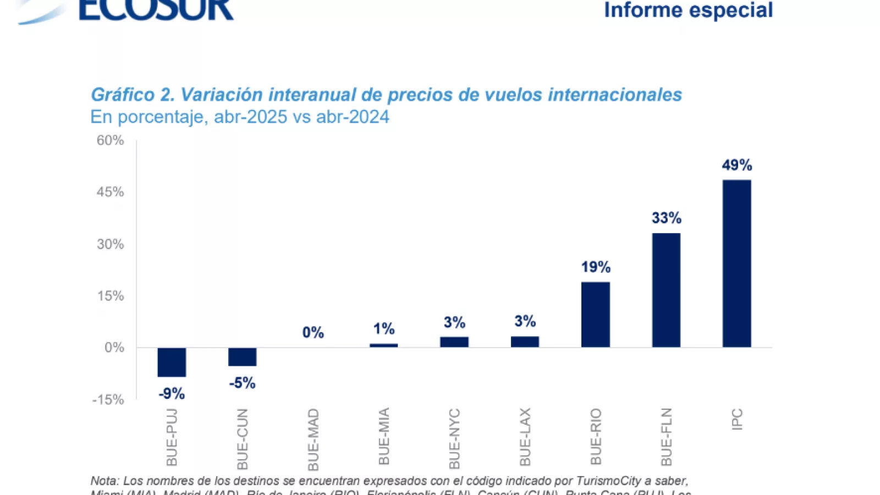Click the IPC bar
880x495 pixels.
[736, 263]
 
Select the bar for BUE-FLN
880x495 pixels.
[666, 290]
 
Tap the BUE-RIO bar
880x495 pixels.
[595, 315]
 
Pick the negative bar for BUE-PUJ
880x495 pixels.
[172, 362]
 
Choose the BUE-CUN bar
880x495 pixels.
[242, 356]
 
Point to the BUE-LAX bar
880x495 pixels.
[525, 342]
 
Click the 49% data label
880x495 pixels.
[736, 165]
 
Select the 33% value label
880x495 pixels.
[666, 218]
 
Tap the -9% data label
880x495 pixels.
[172, 394]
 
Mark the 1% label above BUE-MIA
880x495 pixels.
[383, 329]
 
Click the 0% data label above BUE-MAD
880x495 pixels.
[313, 332]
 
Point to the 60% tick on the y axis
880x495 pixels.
[110, 140]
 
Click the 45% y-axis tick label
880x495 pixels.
[110, 192]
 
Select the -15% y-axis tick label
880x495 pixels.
[108, 400]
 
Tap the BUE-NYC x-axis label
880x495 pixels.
[454, 438]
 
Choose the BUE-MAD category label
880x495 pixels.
[313, 439]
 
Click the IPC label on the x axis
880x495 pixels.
[737, 420]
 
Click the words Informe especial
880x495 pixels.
[688, 10]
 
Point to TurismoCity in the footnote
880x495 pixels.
[608, 481]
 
